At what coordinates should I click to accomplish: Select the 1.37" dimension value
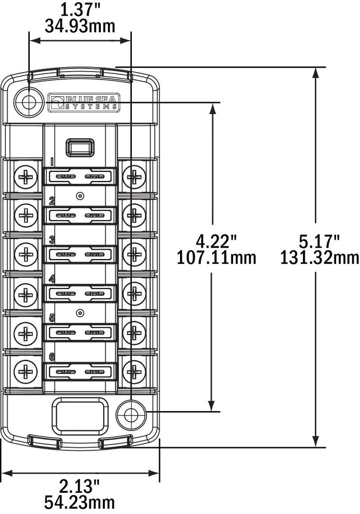80,9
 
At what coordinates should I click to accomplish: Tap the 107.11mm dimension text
216,257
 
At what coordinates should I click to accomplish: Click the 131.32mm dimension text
320,257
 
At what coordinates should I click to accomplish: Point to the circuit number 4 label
52,279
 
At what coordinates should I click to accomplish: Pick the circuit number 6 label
52,357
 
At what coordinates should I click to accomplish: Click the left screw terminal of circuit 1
27,177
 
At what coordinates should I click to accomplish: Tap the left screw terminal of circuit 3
27,255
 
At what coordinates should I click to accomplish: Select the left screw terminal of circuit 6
27,371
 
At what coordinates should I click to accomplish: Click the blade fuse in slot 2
81,216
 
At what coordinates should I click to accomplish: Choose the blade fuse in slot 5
81,333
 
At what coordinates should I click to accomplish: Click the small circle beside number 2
80,196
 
